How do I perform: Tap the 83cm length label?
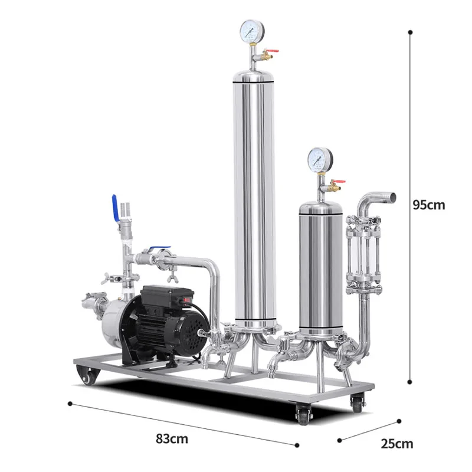(x=172, y=439)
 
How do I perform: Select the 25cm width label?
(x=396, y=444)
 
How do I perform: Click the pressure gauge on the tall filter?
(x=252, y=31)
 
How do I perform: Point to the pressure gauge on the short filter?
(x=320, y=159)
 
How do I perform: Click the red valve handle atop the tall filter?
(x=271, y=53)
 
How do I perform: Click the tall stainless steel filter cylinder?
(x=254, y=195)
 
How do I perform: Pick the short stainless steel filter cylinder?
(x=320, y=265)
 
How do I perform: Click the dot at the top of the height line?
(x=411, y=33)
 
